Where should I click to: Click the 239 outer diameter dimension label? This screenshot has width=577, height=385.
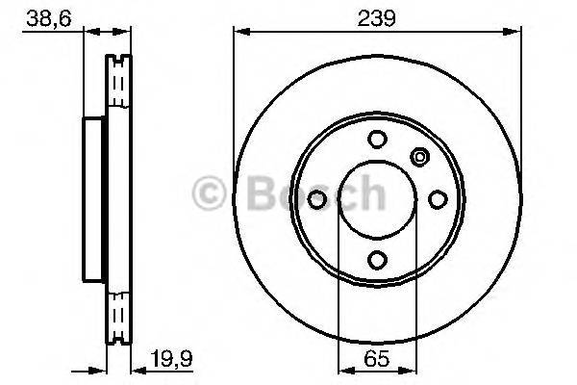point(378,15)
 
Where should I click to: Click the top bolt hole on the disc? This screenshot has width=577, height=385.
point(378,138)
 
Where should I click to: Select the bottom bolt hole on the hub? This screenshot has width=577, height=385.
point(378,257)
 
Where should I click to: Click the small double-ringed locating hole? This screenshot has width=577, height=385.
point(419,156)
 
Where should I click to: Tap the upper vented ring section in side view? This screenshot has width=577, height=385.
point(116,87)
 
